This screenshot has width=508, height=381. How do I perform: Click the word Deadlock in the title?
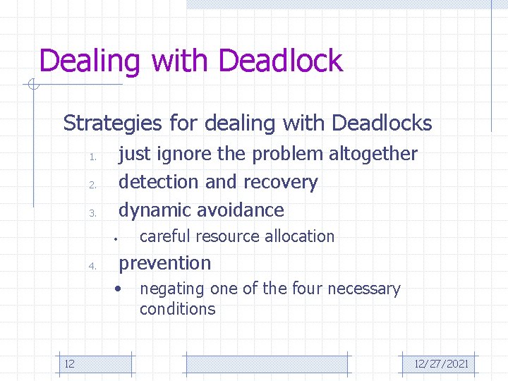(281, 61)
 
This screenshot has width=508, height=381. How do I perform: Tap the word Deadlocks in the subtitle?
(381, 123)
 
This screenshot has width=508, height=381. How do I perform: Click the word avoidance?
(241, 210)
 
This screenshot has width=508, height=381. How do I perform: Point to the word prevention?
(164, 263)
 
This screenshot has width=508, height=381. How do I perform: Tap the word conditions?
(177, 309)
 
